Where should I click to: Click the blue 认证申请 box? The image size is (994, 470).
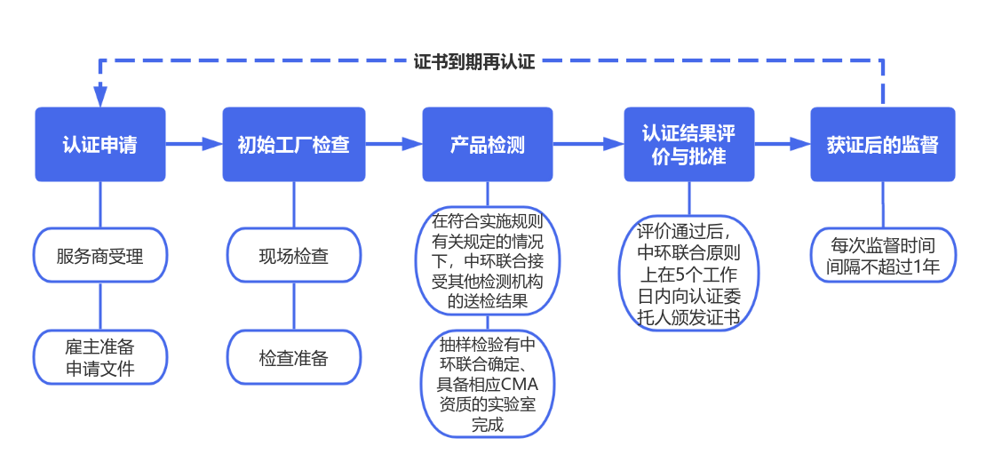[99, 145]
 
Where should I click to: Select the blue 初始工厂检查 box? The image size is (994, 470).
[293, 145]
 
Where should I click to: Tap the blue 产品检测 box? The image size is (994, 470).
[487, 145]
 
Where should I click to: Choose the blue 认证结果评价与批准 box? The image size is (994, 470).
[688, 145]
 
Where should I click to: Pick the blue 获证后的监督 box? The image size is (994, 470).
[882, 145]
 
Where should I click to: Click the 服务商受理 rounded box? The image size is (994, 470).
[99, 256]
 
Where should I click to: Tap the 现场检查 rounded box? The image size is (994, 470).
[293, 256]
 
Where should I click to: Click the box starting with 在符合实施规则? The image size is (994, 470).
[487, 261]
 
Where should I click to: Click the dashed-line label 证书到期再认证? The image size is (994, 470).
[474, 63]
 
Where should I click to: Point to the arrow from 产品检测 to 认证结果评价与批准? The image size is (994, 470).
[588, 144]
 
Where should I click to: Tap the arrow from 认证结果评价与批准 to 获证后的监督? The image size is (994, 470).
[782, 144]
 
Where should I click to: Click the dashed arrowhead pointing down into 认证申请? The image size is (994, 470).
[100, 94]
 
